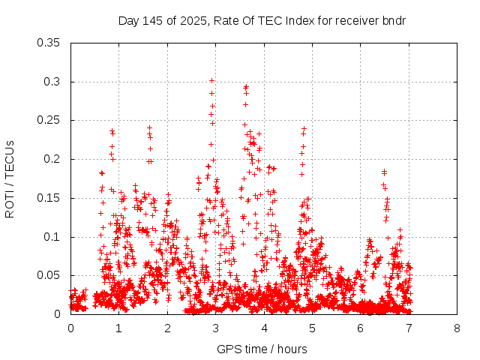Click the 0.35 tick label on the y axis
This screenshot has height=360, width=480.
pos(49,43)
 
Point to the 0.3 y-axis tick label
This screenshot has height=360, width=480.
pos(52,82)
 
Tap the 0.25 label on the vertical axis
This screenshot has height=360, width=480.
pos(49,120)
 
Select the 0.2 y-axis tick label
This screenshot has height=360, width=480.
pos(52,159)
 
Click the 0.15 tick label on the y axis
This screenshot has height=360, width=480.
pos(49,198)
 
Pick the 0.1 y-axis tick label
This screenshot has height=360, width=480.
pos(52,237)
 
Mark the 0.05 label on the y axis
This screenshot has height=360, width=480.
pos(49,275)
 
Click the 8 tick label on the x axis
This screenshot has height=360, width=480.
pos(457,328)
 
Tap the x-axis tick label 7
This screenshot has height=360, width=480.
pos(409,328)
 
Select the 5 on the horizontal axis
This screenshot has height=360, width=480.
pos(312,328)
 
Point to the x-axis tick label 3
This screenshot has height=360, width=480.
pos(215,328)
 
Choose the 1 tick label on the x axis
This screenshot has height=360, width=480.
pos(118,328)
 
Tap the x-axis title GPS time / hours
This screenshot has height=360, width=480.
pos(262,349)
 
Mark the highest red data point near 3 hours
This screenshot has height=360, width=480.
pos(212,80)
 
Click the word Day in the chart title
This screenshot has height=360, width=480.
pos(128,20)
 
